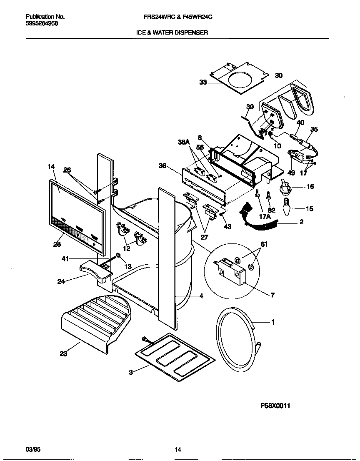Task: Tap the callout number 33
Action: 203,83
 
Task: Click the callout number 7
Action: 272,295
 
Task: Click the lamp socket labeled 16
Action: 286,187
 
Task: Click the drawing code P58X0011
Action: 275,406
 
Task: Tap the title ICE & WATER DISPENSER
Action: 172,32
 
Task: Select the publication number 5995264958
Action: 42,24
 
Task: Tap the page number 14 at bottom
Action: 178,449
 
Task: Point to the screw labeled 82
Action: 269,195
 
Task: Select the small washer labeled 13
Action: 118,256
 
